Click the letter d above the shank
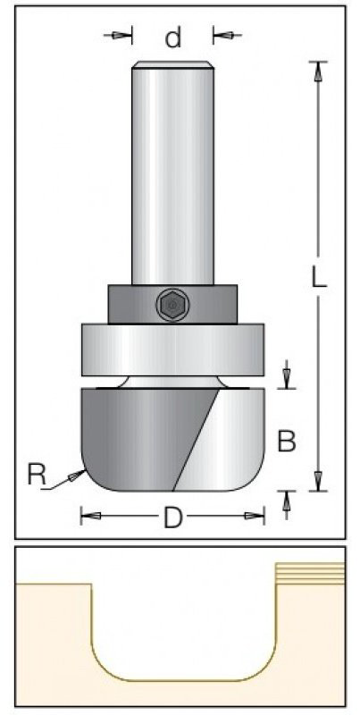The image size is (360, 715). (x=173, y=38)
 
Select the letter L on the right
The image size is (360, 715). (x=319, y=275)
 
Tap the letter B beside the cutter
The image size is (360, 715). (x=287, y=441)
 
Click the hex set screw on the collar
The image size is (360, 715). (x=172, y=304)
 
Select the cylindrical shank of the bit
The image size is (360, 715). (x=172, y=173)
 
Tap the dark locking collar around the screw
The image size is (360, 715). (x=172, y=304)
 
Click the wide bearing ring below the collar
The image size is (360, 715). (x=172, y=349)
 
